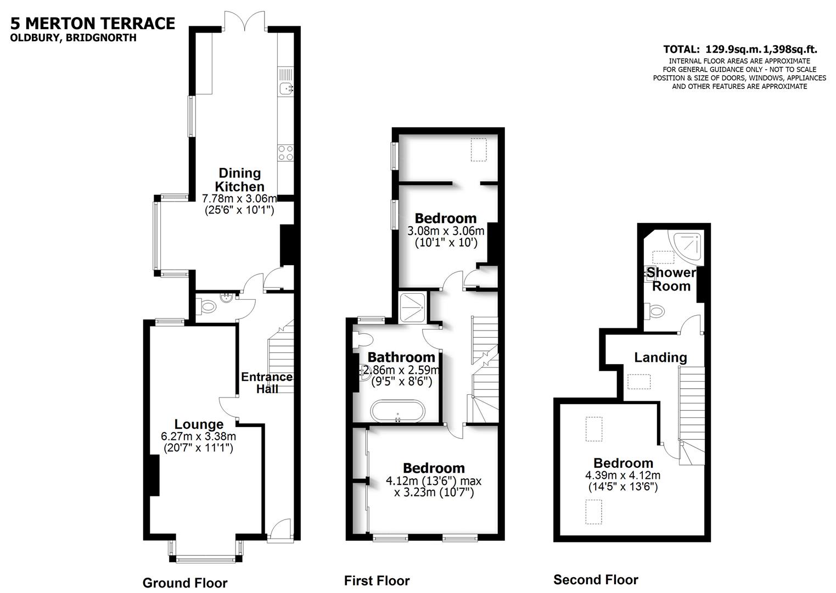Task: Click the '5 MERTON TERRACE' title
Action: (x=93, y=23)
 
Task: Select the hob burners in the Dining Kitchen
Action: (x=285, y=152)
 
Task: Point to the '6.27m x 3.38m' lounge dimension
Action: (x=198, y=437)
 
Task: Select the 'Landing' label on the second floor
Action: (x=660, y=357)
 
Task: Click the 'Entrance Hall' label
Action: (x=267, y=383)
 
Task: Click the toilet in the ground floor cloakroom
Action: (x=206, y=307)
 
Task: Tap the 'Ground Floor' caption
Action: (x=184, y=583)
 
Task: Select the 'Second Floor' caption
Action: (x=596, y=580)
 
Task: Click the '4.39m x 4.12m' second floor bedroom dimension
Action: (x=623, y=475)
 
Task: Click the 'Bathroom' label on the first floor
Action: (x=401, y=357)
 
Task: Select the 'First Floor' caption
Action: (x=377, y=580)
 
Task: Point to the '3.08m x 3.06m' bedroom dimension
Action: (x=446, y=231)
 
